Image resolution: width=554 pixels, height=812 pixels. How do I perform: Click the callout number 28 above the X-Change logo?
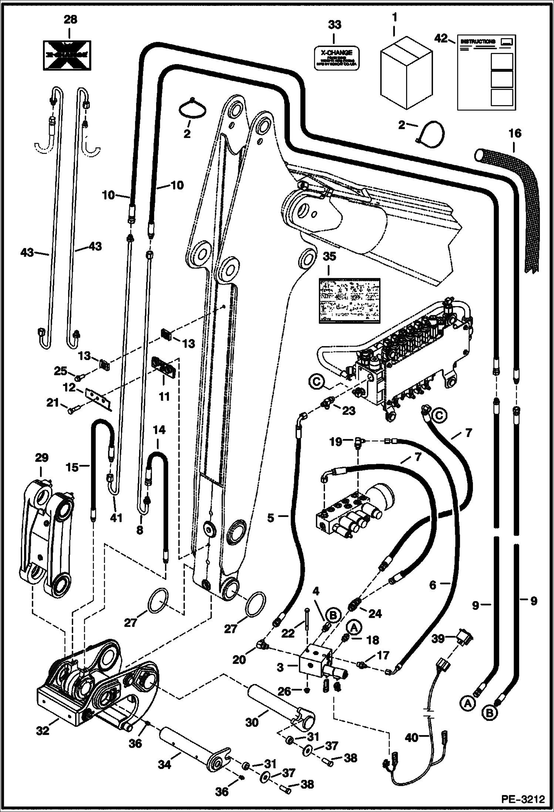pos(70,19)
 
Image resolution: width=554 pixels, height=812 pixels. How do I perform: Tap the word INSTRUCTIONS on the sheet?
pos(477,42)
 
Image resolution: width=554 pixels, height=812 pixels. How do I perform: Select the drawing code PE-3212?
pos(523,799)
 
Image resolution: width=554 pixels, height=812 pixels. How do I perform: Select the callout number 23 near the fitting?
pos(348,411)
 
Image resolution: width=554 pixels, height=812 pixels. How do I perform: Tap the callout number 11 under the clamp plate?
pos(164,396)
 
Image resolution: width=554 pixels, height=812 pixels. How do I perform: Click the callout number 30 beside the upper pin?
pos(252,722)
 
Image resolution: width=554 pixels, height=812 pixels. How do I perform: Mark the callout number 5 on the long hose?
pos(271,518)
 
